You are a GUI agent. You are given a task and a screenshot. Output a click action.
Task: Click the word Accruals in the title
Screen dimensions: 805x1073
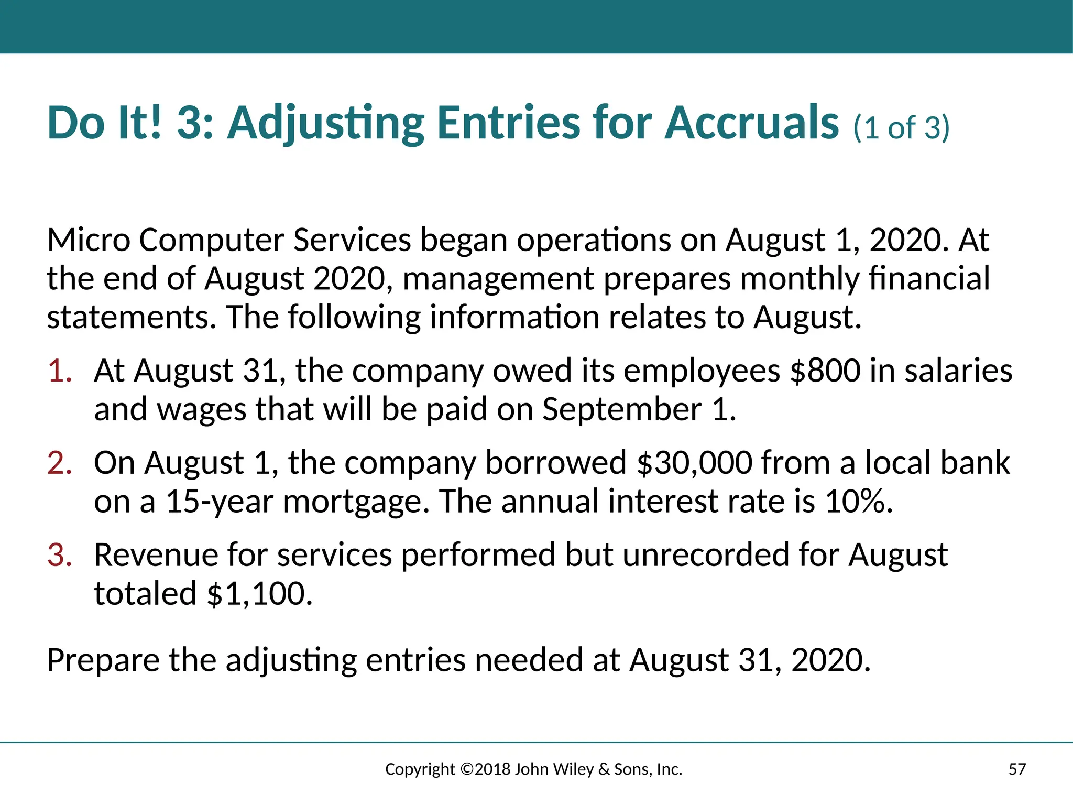tap(752, 123)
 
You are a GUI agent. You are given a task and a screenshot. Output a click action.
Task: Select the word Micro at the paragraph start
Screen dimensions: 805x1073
tap(89, 241)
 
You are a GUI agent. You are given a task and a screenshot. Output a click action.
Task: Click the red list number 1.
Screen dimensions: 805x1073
tap(59, 371)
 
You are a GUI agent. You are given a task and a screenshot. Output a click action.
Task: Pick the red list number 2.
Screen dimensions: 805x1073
tap(59, 463)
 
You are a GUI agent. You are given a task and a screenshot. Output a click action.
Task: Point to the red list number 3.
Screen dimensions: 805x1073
tap(59, 555)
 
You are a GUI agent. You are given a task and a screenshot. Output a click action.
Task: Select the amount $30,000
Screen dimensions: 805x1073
tap(694, 463)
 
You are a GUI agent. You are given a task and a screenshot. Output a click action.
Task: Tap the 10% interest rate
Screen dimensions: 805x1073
tap(858, 502)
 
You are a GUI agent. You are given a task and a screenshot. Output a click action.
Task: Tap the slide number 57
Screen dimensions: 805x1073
tap(1017, 769)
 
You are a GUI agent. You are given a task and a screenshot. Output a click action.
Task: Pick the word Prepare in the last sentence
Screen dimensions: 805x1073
tap(103, 660)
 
